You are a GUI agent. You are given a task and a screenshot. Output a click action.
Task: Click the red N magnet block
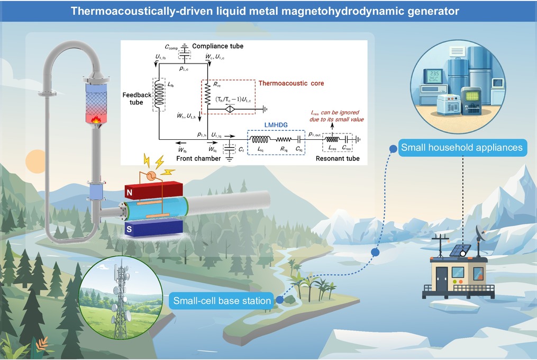pos(153,190)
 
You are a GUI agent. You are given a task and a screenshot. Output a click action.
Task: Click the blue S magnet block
pos(153,227)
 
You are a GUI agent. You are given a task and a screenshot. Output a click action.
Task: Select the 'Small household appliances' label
pos(462,148)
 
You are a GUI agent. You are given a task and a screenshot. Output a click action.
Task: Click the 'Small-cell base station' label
pos(222,301)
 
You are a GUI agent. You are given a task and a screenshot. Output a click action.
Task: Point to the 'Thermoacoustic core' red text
pos(291,83)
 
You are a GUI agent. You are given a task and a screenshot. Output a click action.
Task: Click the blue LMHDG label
pos(276,125)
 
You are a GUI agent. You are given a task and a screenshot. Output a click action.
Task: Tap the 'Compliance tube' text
pos(218,46)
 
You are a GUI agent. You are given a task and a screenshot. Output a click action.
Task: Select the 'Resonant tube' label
pos(338,158)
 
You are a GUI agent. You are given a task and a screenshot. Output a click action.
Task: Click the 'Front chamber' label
pos(198,158)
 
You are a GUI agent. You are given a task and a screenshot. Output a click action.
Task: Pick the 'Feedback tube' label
pos(136,99)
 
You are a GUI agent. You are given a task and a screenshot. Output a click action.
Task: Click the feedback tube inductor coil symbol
pos(159,94)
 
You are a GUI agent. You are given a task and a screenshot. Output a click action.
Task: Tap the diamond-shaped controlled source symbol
pos(230,110)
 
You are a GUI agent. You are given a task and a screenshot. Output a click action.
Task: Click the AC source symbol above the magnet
pos(151,176)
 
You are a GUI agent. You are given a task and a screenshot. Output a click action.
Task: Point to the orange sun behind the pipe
pos(35,161)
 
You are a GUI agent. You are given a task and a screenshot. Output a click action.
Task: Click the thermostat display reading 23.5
pos(434,76)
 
